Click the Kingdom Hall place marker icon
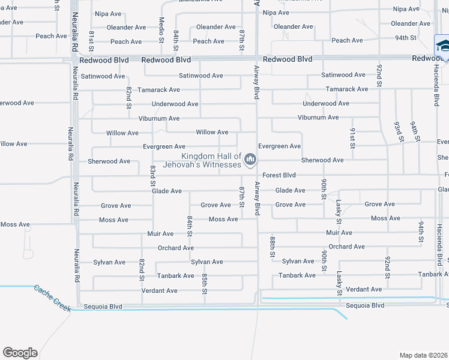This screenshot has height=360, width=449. click(x=250, y=159)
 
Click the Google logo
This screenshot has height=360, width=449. click(x=20, y=353)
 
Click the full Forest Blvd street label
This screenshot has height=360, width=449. click(x=279, y=175)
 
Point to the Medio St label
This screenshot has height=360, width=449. click(x=161, y=30)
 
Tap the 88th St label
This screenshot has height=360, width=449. click(x=273, y=246)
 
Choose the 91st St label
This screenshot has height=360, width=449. click(x=352, y=137)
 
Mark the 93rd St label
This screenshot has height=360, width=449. click(x=398, y=131)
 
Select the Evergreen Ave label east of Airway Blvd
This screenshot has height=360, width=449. click(x=279, y=146)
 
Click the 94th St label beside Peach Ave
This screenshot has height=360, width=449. click(x=406, y=38)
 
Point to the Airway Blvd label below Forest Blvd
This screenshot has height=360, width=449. click(x=257, y=199)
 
